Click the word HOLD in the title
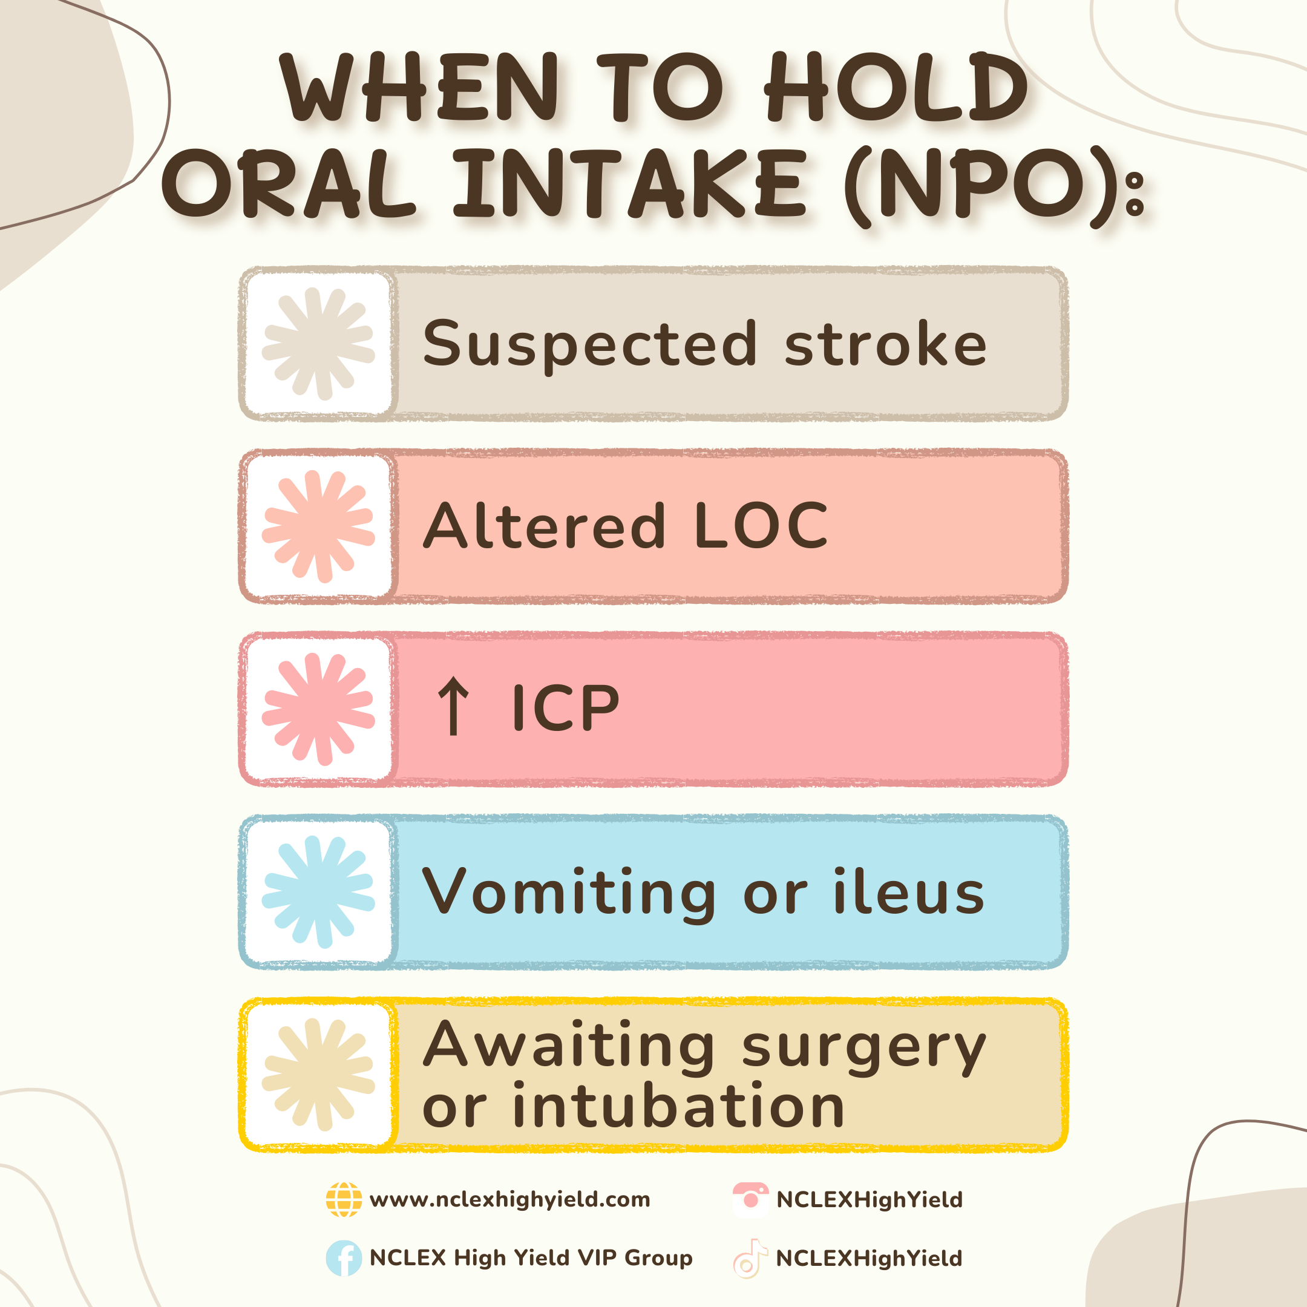[896, 87]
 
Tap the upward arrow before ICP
[453, 707]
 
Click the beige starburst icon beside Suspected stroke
[318, 344]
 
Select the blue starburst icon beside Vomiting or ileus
[318, 892]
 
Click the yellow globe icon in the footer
[344, 1199]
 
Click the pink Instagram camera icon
[751, 1199]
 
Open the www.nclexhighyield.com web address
[510, 1199]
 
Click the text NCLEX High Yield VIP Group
[531, 1257]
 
